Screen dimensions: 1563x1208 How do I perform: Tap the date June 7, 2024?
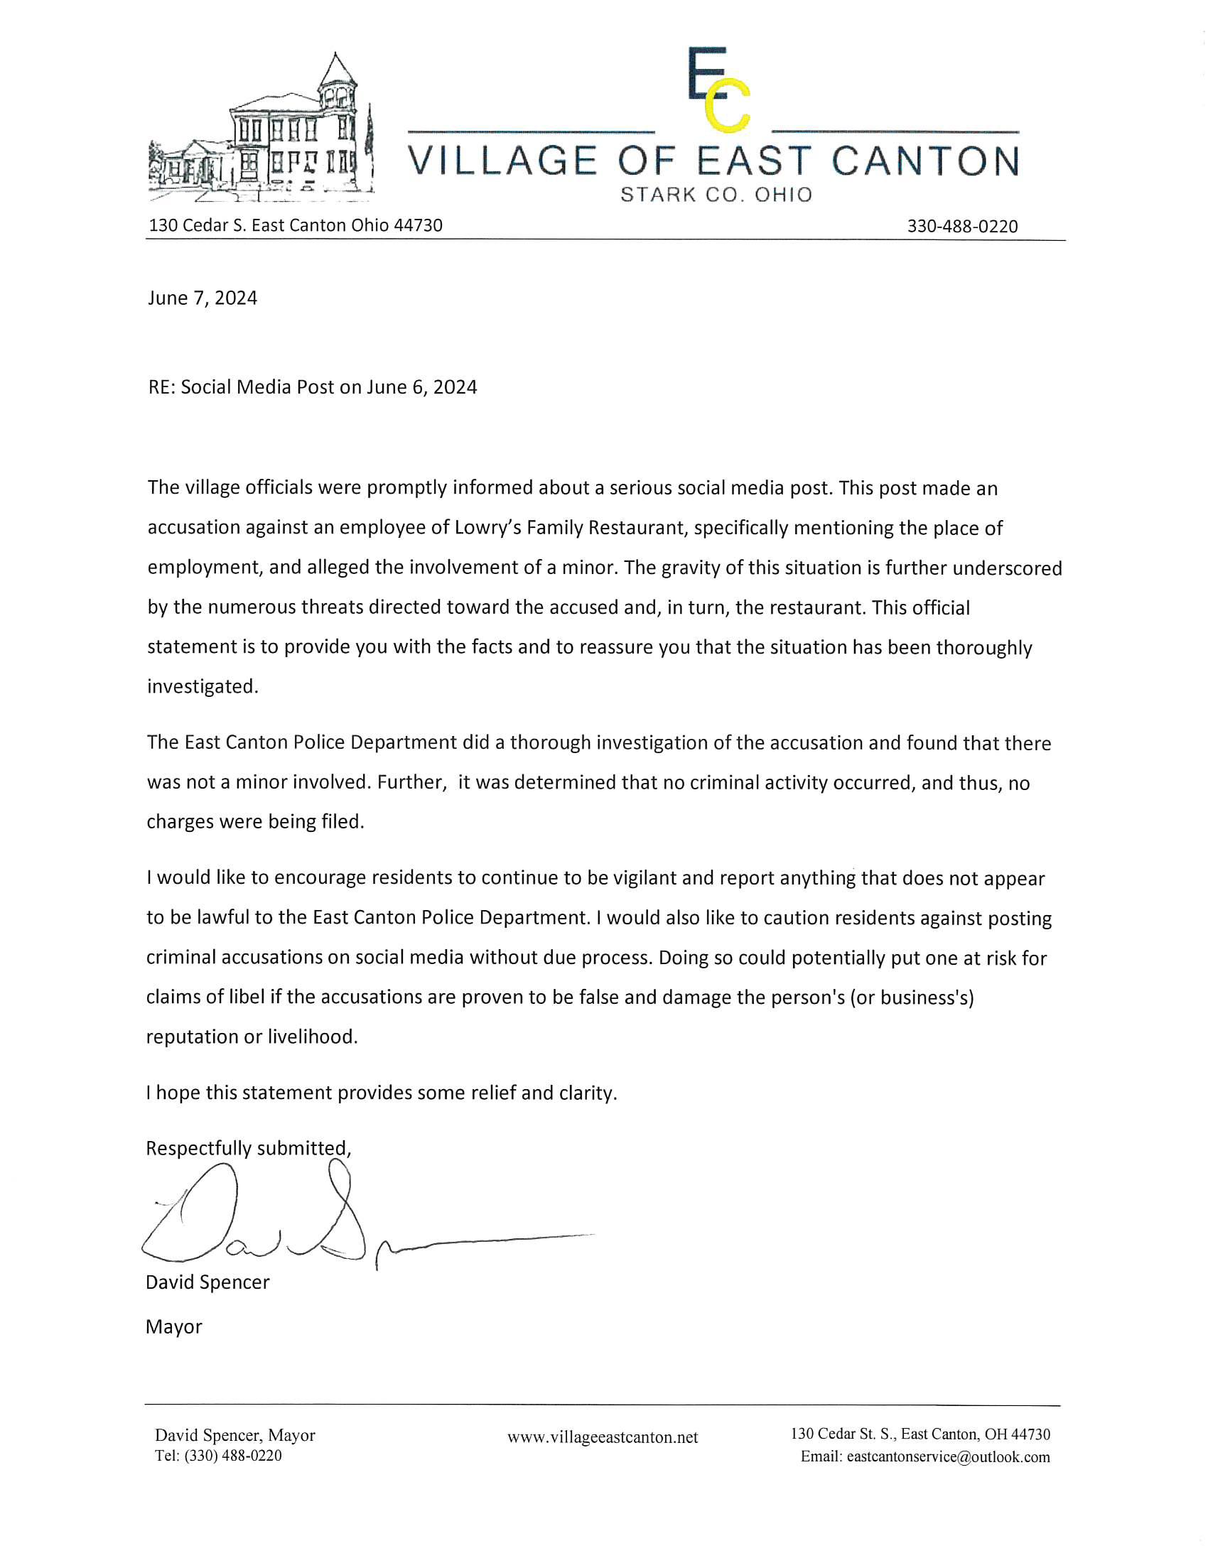(x=203, y=298)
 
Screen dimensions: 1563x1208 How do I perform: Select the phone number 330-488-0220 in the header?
(x=962, y=226)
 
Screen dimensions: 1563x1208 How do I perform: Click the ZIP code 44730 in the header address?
(x=419, y=225)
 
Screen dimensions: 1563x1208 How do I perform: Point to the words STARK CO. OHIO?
(x=716, y=195)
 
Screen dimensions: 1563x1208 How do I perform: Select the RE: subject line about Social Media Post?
(x=312, y=387)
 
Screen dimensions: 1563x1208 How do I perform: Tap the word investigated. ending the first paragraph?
(x=203, y=686)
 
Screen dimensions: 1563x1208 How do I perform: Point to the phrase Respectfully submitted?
(x=248, y=1149)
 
